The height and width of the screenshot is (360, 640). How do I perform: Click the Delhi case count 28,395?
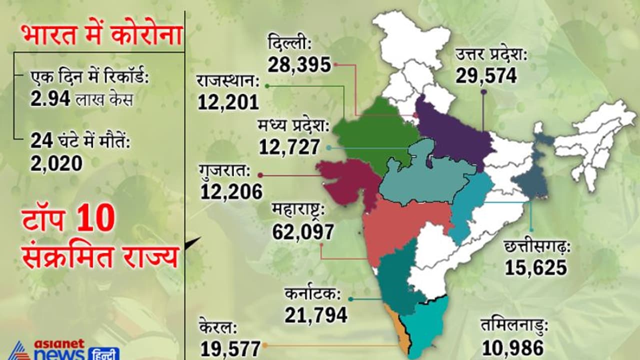click(299, 64)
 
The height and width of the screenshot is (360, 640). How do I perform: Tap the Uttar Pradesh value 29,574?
click(486, 76)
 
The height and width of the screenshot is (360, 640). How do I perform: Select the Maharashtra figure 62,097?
click(303, 231)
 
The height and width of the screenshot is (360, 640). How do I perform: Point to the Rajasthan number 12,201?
click(228, 102)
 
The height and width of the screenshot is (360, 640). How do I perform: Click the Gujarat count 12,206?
click(231, 191)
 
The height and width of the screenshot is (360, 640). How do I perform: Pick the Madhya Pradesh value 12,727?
click(289, 147)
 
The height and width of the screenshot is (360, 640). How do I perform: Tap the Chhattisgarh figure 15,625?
click(536, 268)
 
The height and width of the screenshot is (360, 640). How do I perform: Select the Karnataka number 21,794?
click(316, 315)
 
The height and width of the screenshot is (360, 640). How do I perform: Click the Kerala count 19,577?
click(230, 348)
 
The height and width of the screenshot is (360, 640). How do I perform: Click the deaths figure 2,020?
click(56, 163)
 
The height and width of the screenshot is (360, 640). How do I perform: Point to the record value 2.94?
click(50, 99)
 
